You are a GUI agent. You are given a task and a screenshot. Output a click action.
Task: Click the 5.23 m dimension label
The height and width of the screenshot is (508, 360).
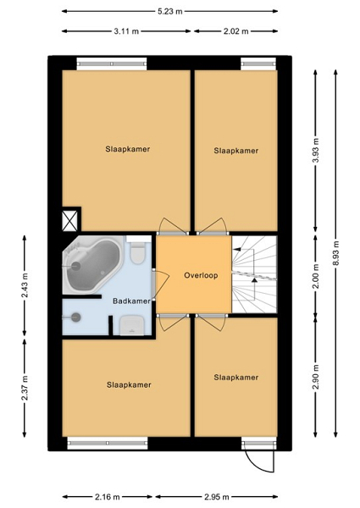(x=169, y=11)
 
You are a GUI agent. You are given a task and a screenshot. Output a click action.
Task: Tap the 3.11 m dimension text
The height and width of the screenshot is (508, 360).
(x=126, y=31)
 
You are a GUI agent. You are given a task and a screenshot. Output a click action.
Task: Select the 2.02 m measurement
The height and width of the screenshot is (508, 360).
(x=235, y=31)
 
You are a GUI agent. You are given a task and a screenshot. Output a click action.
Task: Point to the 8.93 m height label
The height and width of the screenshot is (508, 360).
(x=335, y=253)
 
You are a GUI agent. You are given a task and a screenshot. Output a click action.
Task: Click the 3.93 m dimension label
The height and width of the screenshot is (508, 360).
(x=316, y=151)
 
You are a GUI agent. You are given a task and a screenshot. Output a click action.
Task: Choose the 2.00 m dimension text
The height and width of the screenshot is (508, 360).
(x=316, y=276)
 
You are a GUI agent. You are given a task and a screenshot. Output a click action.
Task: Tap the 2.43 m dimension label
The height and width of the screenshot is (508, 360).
(x=25, y=285)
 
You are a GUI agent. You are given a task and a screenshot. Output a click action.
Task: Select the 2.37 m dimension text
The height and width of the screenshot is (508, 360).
(x=25, y=388)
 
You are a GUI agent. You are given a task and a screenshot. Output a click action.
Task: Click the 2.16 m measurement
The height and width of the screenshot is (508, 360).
(x=108, y=497)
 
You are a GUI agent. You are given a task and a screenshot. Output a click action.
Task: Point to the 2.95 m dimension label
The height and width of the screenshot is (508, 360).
(x=217, y=497)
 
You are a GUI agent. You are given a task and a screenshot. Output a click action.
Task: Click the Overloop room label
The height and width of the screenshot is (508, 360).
(x=201, y=275)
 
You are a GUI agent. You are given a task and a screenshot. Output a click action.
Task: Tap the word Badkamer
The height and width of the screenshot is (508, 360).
(x=131, y=301)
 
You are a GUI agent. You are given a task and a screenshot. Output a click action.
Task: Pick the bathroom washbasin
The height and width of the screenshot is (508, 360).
(x=132, y=326)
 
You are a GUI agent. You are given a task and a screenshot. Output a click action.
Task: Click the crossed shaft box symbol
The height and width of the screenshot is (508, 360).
(x=69, y=221)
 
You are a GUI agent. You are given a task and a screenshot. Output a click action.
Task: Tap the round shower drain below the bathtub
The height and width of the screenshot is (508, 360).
(x=76, y=317)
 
